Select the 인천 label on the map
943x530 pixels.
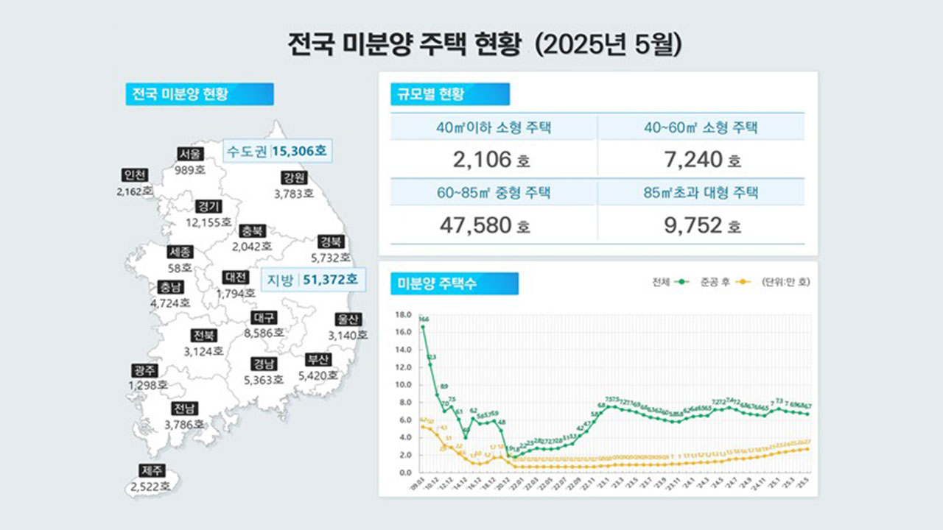coord(136,175)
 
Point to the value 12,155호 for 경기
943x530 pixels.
coord(208,222)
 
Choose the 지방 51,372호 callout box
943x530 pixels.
coord(312,280)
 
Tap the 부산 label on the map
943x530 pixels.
coord(318,360)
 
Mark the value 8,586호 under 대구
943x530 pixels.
coord(264,333)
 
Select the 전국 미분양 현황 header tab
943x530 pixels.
coord(199,94)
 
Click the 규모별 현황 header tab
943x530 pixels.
coord(449,94)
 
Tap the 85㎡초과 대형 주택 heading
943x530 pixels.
coord(700,194)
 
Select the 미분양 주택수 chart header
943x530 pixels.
coord(453,283)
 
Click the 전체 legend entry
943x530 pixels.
coord(670,282)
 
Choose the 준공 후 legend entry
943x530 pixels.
coord(725,282)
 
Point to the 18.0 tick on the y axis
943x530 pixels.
coord(404,314)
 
